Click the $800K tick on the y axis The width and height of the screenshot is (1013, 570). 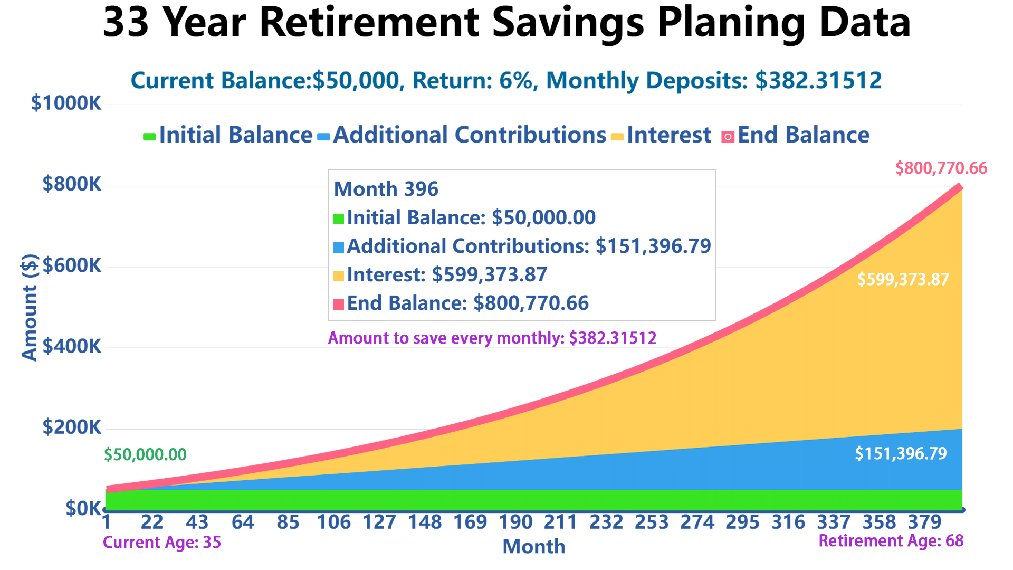pyautogui.click(x=72, y=184)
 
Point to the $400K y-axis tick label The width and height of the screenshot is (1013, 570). pyautogui.click(x=72, y=346)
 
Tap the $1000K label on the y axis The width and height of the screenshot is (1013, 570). pyautogui.click(x=66, y=103)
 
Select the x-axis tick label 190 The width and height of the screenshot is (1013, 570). pyautogui.click(x=515, y=522)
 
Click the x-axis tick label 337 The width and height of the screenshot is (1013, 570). pyautogui.click(x=834, y=522)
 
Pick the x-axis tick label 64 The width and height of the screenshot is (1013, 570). pyautogui.click(x=243, y=522)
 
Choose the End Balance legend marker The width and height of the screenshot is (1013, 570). pyautogui.click(x=728, y=137)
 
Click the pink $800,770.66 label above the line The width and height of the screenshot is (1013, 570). pyautogui.click(x=941, y=168)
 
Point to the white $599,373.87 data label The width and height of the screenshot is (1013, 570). pyautogui.click(x=903, y=279)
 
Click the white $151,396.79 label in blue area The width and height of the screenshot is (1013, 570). pyautogui.click(x=901, y=453)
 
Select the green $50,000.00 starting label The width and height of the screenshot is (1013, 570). pyautogui.click(x=145, y=454)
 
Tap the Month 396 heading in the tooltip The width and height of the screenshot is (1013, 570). pyautogui.click(x=386, y=189)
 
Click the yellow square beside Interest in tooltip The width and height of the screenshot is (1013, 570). pyautogui.click(x=339, y=275)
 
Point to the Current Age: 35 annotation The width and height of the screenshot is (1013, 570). pyautogui.click(x=162, y=542)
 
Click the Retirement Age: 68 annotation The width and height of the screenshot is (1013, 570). pyautogui.click(x=891, y=541)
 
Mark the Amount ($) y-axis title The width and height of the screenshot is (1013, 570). pyautogui.click(x=30, y=307)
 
